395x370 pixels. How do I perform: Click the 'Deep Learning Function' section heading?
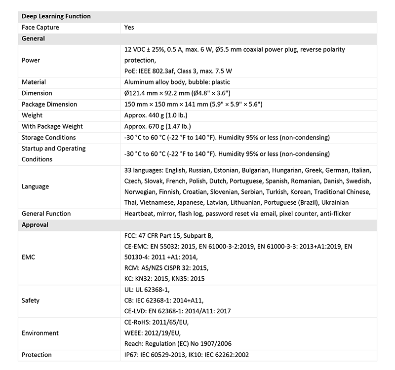[x=56, y=16]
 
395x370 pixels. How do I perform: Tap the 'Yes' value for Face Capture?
[x=129, y=28]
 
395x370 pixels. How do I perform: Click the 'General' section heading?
[x=34, y=38]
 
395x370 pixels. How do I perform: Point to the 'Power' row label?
[x=31, y=60]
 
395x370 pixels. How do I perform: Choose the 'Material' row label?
[x=34, y=82]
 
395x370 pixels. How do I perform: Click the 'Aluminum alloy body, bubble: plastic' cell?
[x=177, y=82]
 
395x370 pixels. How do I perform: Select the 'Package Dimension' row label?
[x=49, y=104]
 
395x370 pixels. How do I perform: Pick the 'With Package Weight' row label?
[x=52, y=126]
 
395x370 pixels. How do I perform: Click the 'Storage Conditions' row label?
[x=49, y=137]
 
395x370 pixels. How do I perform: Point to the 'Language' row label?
[x=36, y=186]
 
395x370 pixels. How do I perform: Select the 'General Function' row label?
[x=46, y=214]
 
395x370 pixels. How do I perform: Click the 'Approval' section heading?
[x=35, y=224]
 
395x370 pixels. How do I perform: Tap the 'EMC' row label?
[x=29, y=257]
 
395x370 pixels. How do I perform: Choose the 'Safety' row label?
[x=31, y=300]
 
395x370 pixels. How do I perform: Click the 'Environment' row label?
[x=40, y=333]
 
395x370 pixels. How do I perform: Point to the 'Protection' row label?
[x=37, y=355]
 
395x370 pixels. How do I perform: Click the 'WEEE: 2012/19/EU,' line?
[x=157, y=333]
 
